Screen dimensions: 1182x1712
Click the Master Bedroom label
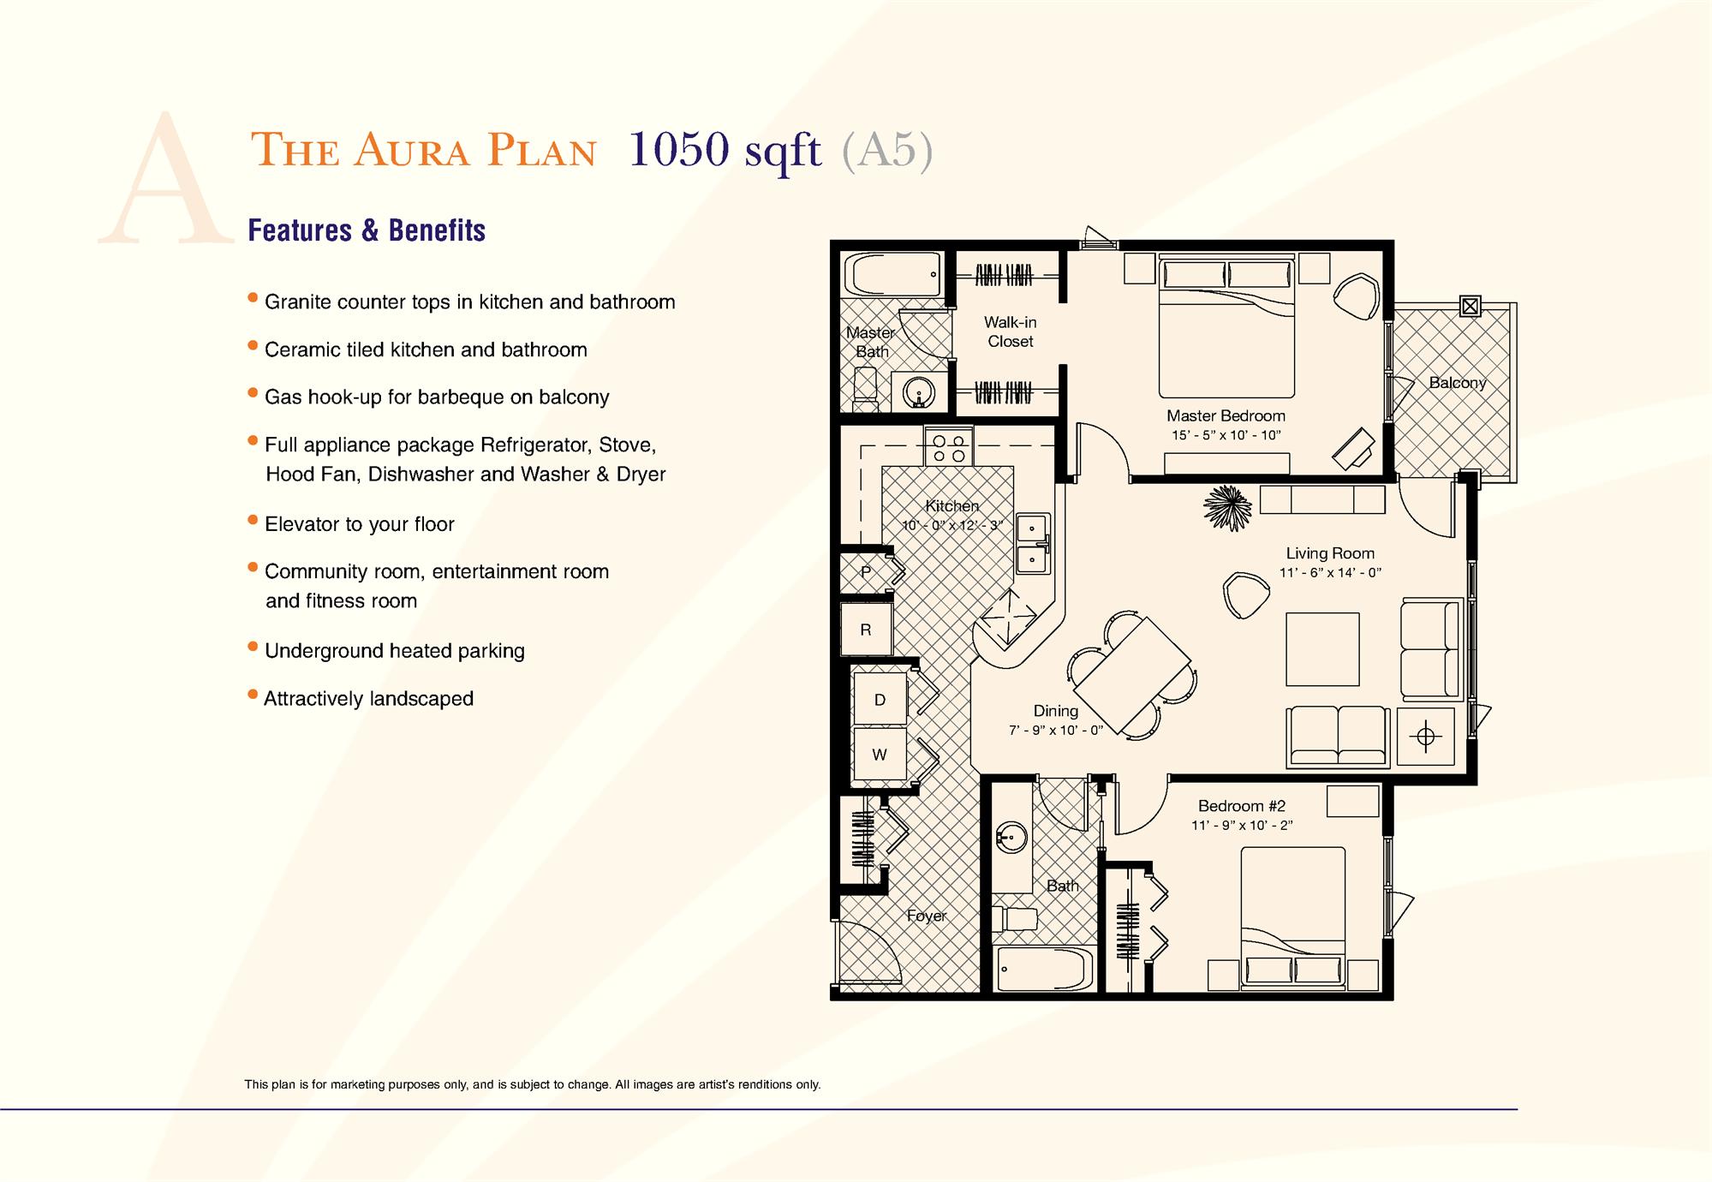[x=1226, y=415]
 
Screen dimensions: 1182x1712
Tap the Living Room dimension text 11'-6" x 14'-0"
[x=1330, y=572]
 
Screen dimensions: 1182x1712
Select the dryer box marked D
[x=880, y=700]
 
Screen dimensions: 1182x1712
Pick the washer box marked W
[x=880, y=755]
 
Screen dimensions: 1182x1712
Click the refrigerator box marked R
[x=866, y=630]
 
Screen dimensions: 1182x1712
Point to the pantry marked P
[x=866, y=571]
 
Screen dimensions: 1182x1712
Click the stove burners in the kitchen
[x=949, y=448]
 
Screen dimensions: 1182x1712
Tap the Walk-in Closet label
[x=1010, y=331]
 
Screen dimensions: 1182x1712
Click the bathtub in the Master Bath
[x=893, y=275]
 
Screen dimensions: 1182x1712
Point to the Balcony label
[x=1457, y=383]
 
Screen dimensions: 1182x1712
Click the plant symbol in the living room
[x=1227, y=508]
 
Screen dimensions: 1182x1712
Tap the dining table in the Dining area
[x=1131, y=672]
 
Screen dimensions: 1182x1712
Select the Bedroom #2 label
[x=1241, y=806]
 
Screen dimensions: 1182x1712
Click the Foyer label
[x=926, y=916]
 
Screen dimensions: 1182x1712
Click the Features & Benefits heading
[x=367, y=230]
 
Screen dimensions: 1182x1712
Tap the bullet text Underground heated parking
[x=394, y=651]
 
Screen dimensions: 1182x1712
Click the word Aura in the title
[x=411, y=151]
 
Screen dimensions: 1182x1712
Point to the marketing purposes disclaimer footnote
[x=532, y=1084]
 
